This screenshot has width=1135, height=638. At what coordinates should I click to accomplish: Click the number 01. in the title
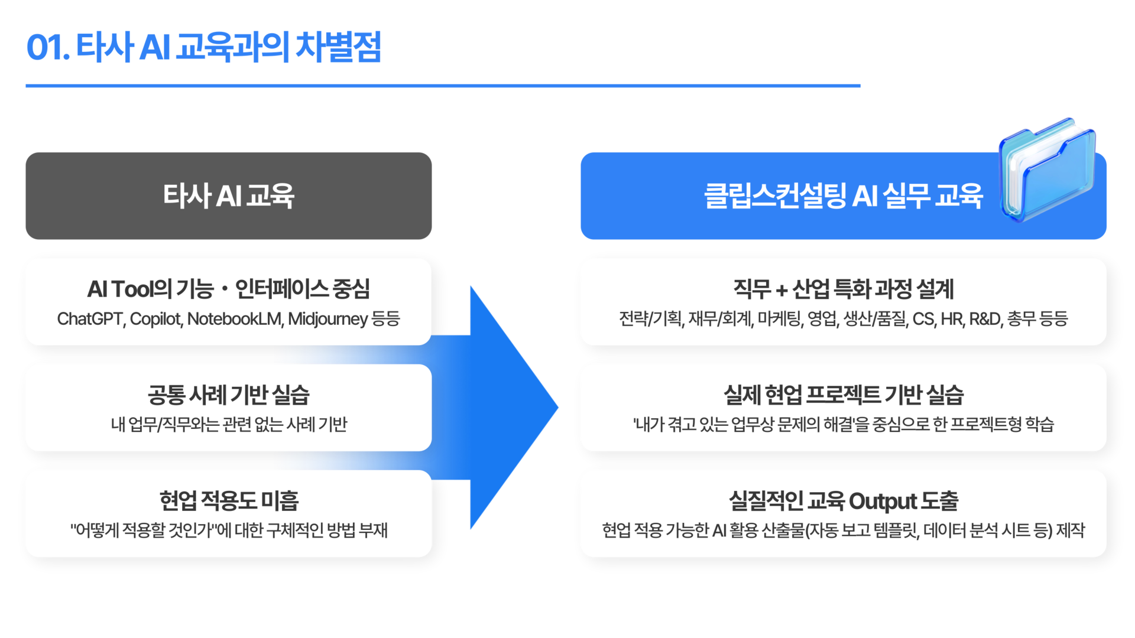48,48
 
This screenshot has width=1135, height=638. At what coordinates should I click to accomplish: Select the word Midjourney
328,319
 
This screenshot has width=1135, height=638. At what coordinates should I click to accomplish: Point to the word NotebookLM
235,319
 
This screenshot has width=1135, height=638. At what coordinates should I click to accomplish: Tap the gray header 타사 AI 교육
228,196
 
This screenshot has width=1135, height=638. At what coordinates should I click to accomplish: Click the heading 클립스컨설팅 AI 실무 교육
843,196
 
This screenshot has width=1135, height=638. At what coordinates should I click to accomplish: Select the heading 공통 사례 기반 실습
228,395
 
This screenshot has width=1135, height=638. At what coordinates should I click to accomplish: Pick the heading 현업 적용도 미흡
228,500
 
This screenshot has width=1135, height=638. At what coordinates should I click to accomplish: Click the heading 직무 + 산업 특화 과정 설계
843,289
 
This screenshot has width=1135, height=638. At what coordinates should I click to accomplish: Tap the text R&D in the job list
985,319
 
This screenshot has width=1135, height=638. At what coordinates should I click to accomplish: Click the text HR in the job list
952,319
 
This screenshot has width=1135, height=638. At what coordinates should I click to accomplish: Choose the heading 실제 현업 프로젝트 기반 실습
843,395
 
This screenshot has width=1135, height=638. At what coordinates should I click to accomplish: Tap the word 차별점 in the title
338,48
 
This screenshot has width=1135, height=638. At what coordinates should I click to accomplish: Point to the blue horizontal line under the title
443,86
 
